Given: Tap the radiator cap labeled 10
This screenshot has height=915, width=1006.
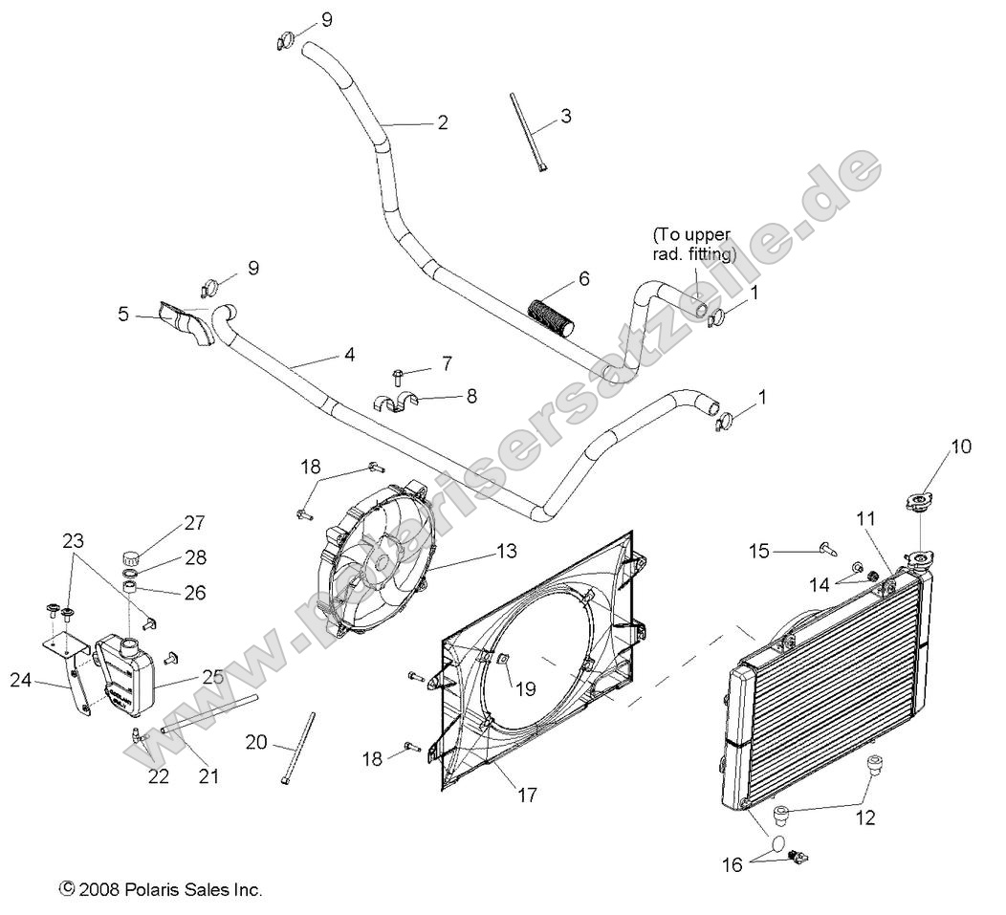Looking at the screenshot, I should (x=920, y=500).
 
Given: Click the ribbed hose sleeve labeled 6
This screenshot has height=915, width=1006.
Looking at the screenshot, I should (x=553, y=317).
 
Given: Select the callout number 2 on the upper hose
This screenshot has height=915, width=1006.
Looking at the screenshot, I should (x=442, y=121).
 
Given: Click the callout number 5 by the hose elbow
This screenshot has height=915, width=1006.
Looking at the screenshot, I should (x=123, y=313).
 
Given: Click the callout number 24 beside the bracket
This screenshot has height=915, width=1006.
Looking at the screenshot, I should (x=22, y=681).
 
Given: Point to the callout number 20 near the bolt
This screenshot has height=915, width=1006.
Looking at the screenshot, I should (x=256, y=742).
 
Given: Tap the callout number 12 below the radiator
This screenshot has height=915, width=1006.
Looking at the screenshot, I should (x=864, y=817).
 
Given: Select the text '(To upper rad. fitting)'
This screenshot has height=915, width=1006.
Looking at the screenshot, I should (x=694, y=245).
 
